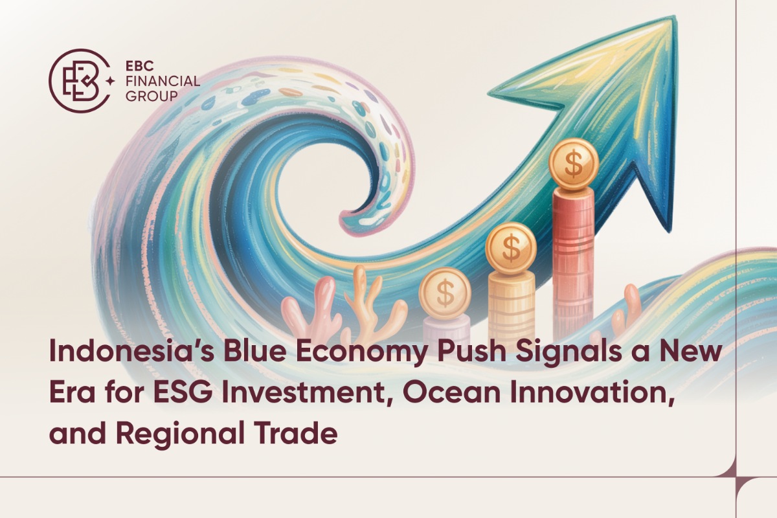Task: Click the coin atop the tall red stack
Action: coord(574,164)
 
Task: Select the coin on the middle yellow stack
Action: coord(512,246)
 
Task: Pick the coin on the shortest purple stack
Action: coord(445,293)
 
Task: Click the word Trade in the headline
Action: coord(297,432)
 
